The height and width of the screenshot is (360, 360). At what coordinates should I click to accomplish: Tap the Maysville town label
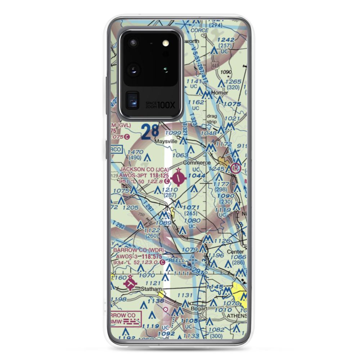point(166,141)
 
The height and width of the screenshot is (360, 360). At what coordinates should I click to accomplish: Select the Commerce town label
point(197,163)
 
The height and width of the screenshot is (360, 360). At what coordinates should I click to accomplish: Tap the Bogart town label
point(199,309)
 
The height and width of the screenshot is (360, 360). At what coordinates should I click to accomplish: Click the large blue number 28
point(150,132)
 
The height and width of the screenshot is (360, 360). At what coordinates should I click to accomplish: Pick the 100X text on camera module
point(167,105)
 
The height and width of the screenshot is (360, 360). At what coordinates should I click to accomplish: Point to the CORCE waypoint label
point(199,31)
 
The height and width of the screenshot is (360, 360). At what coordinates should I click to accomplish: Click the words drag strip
point(212,119)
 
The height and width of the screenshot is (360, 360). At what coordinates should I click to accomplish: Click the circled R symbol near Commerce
point(236,168)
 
